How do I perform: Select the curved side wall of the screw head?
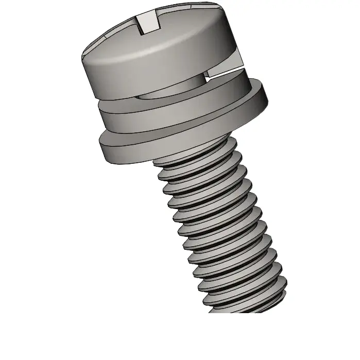coord(155,72)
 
